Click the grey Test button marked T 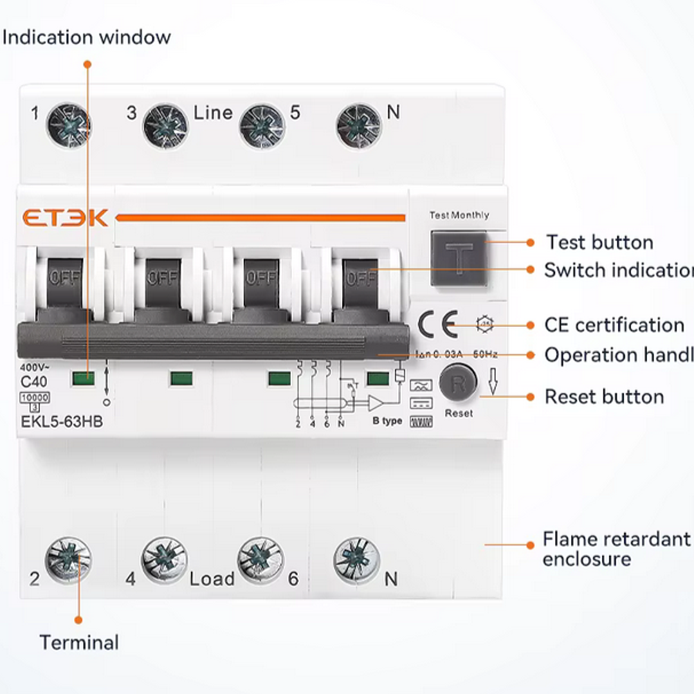[x=459, y=259]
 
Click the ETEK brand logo [x=65, y=218]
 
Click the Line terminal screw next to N [x=359, y=125]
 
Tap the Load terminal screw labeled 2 [x=68, y=558]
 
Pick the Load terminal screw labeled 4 [x=164, y=558]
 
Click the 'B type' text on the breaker [x=387, y=421]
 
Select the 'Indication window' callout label [x=87, y=37]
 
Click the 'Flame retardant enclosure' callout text [x=616, y=549]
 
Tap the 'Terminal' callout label [x=79, y=642]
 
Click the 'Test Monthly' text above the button [x=459, y=215]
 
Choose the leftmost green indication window [x=83, y=378]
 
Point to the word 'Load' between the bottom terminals [x=212, y=579]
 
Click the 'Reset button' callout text [x=604, y=397]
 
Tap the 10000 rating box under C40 [x=35, y=398]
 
